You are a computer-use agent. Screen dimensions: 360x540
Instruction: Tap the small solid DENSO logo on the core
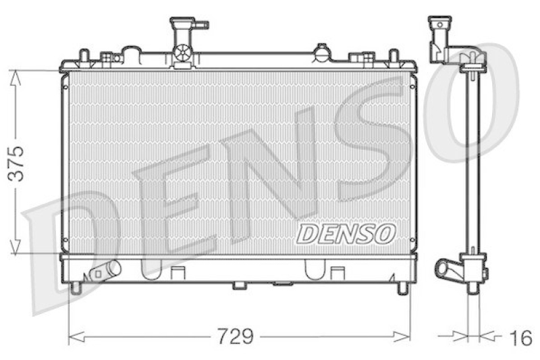tap(346, 234)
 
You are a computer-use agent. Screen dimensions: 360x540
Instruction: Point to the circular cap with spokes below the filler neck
tap(182, 52)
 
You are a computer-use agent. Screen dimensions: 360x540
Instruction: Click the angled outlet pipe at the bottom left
tap(105, 271)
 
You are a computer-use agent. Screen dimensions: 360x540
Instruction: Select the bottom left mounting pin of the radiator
tap(76, 287)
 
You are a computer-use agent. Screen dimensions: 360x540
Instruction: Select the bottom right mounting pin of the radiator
tap(402, 287)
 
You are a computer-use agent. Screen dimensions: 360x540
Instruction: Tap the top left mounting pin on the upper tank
tap(83, 55)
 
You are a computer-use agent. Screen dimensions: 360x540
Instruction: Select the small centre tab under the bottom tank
tap(240, 285)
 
